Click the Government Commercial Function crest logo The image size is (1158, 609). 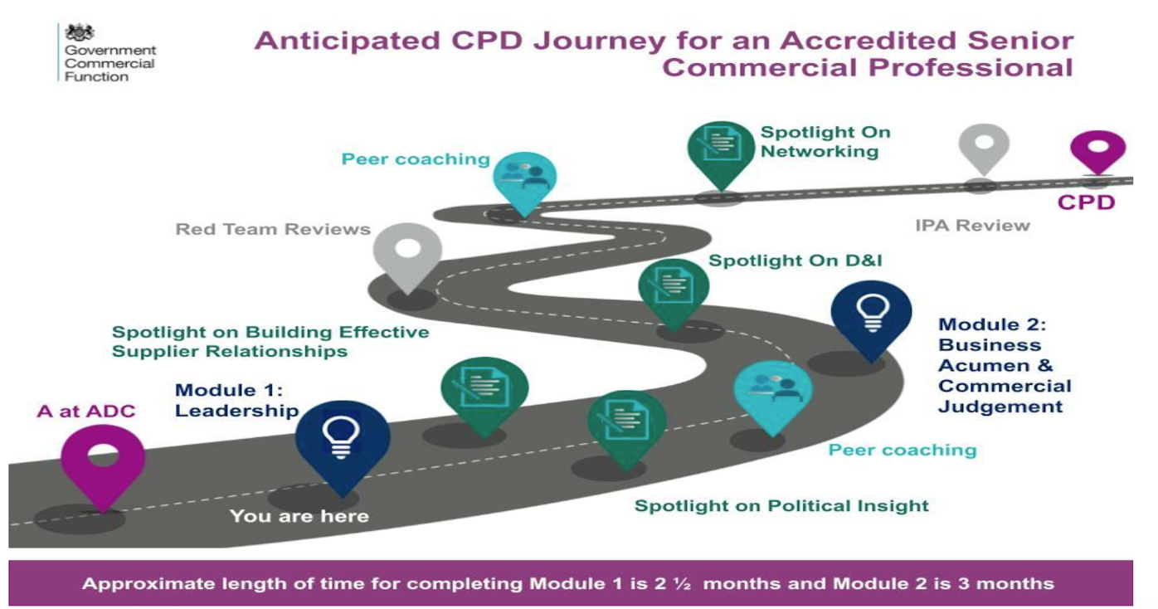[80, 32]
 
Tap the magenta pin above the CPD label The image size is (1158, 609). [1097, 150]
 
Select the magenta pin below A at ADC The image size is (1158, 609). [103, 461]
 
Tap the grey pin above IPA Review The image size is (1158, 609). [984, 148]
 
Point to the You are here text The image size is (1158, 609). [299, 516]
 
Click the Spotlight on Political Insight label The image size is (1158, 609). [781, 505]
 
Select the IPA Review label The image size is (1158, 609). [972, 225]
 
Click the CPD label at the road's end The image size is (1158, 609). [1085, 202]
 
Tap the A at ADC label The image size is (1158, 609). [86, 412]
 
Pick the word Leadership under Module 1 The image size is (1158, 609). [236, 410]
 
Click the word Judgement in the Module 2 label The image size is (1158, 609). [1000, 407]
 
